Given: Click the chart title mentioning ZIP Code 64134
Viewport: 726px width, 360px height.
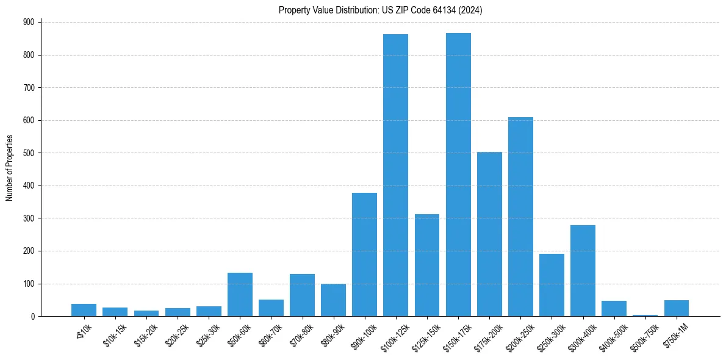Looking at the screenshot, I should (x=381, y=10).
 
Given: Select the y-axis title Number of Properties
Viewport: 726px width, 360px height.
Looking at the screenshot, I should (x=10, y=168).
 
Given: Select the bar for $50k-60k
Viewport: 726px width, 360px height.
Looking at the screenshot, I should (x=240, y=294).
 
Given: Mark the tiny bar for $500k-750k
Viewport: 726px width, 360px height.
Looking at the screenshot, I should (x=645, y=315).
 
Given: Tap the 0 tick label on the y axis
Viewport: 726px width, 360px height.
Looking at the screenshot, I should (x=34, y=317).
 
